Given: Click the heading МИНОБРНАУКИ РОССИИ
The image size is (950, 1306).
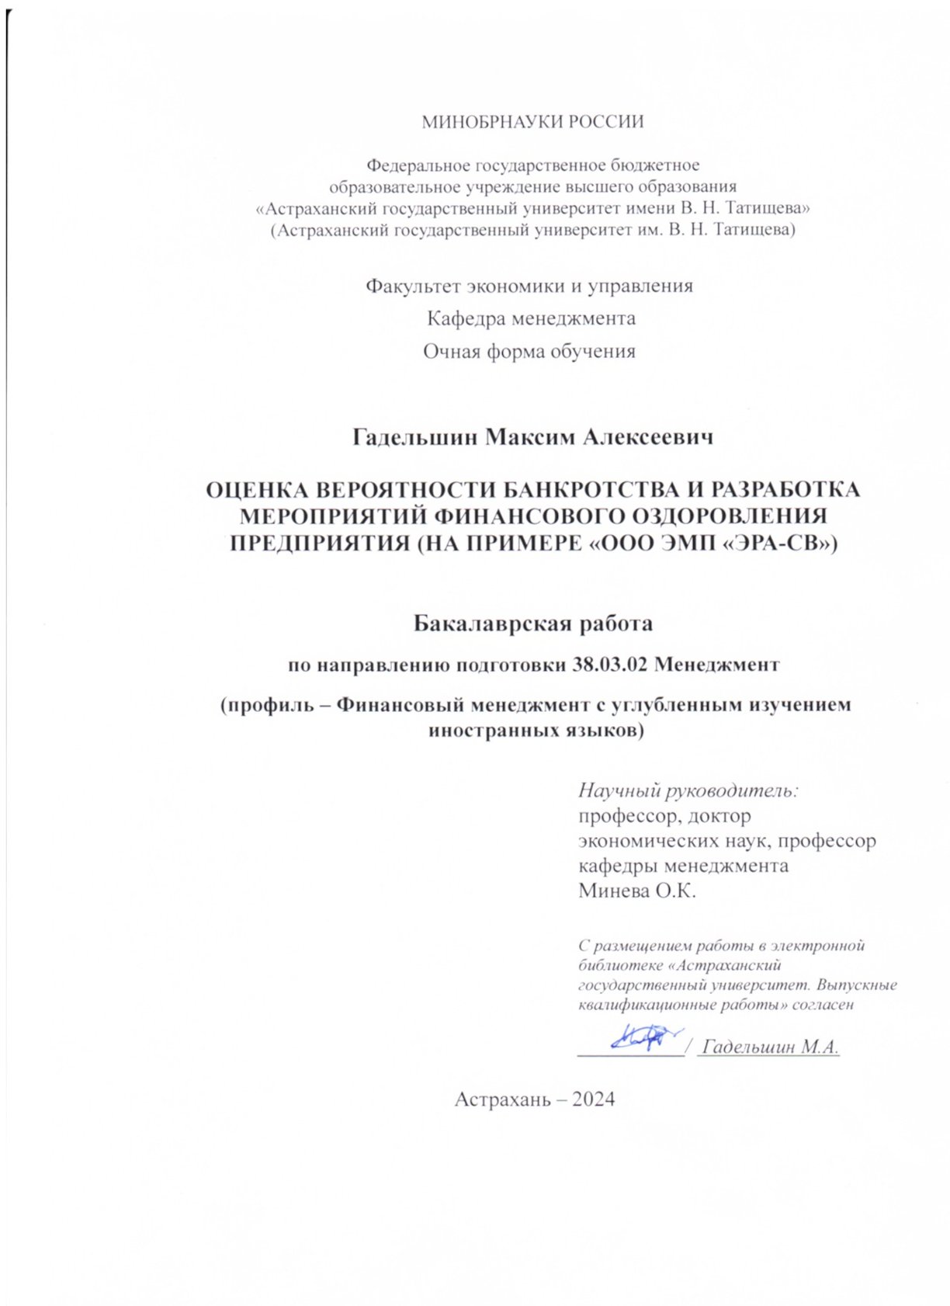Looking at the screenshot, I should (532, 122).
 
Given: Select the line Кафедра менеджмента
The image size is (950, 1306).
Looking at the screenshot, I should (532, 318).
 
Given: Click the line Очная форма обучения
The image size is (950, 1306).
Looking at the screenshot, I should (529, 352).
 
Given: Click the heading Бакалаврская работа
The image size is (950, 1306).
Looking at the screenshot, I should (532, 623).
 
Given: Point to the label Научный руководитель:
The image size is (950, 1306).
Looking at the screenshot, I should (688, 791).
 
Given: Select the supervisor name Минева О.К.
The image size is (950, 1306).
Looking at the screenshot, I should (637, 891).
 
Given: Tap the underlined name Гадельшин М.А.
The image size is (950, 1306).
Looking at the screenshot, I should (769, 1047).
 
